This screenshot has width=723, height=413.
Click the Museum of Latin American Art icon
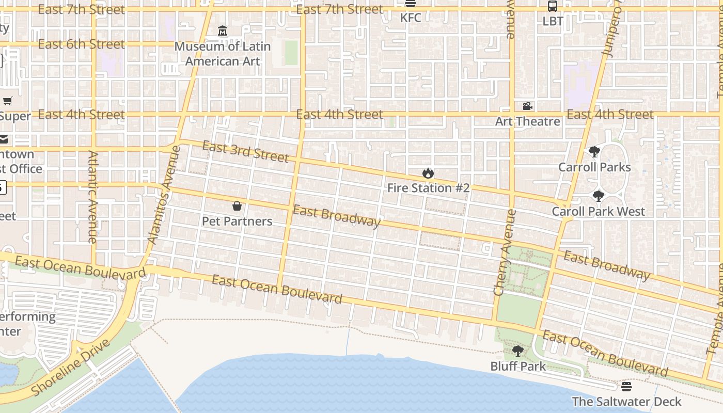click(223, 31)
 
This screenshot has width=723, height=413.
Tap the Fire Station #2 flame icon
click(428, 173)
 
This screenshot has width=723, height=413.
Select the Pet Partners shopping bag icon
click(237, 206)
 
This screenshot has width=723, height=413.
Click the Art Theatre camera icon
click(527, 106)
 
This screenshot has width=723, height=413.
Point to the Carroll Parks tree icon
click(594, 152)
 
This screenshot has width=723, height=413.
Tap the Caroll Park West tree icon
click(598, 196)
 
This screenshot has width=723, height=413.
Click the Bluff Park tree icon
click(518, 351)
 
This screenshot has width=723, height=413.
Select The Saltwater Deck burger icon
click(626, 387)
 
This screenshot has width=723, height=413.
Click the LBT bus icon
click(553, 6)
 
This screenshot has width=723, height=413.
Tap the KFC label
click(411, 18)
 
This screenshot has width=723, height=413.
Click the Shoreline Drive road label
click(71, 368)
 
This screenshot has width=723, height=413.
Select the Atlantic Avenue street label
click(93, 197)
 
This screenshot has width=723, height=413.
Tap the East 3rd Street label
click(245, 151)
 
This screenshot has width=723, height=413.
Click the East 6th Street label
click(81, 44)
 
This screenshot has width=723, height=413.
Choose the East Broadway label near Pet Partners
click(337, 216)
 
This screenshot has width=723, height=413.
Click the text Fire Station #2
click(428, 188)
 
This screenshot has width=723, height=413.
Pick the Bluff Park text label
click(518, 366)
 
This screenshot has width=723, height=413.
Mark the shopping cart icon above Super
click(7, 101)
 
